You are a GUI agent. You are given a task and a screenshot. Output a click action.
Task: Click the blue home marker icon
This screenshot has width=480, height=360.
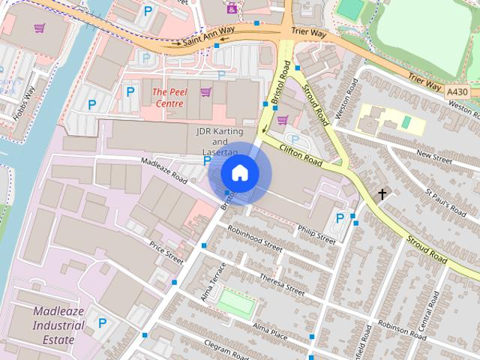(240, 173)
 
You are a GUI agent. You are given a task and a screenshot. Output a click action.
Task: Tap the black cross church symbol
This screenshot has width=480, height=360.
(382, 195)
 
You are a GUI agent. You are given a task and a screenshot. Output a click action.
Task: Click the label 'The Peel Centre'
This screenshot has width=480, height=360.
(169, 97)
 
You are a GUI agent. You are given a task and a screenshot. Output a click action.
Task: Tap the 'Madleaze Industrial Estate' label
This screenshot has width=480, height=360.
(58, 325)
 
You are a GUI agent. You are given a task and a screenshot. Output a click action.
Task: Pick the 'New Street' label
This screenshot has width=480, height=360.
(434, 157)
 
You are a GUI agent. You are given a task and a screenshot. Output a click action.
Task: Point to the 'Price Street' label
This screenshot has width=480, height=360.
(166, 252)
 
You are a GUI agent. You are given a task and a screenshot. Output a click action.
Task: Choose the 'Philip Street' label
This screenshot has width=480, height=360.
(316, 234)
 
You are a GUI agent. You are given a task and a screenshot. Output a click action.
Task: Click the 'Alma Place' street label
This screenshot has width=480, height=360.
(270, 332)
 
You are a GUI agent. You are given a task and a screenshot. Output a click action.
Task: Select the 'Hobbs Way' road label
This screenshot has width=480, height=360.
(24, 105)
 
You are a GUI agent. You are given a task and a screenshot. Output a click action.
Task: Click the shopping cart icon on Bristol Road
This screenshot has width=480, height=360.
(282, 119)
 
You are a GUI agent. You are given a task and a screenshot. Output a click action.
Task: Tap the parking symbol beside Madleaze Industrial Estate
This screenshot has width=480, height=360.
(102, 324)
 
